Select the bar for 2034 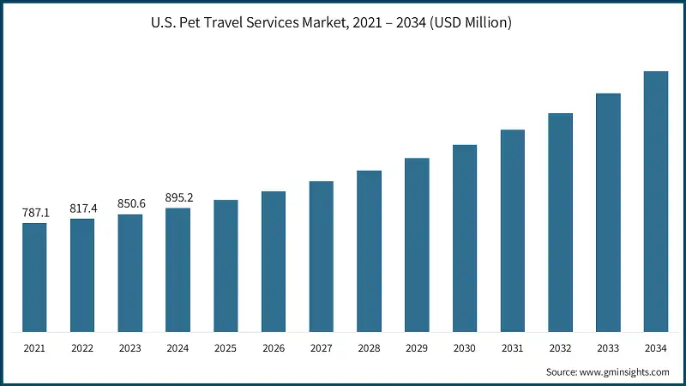click(x=656, y=202)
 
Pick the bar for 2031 click(x=512, y=231)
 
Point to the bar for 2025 click(x=226, y=265)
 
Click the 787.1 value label click(x=34, y=212)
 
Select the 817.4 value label click(x=82, y=208)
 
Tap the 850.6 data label click(x=130, y=203)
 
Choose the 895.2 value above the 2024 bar click(x=178, y=197)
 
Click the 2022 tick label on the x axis click(x=82, y=349)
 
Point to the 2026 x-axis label click(x=274, y=349)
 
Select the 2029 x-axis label click(x=417, y=349)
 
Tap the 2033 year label click(x=608, y=349)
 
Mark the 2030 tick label click(x=465, y=349)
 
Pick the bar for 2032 click(x=560, y=222)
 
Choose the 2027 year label click(x=322, y=349)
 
